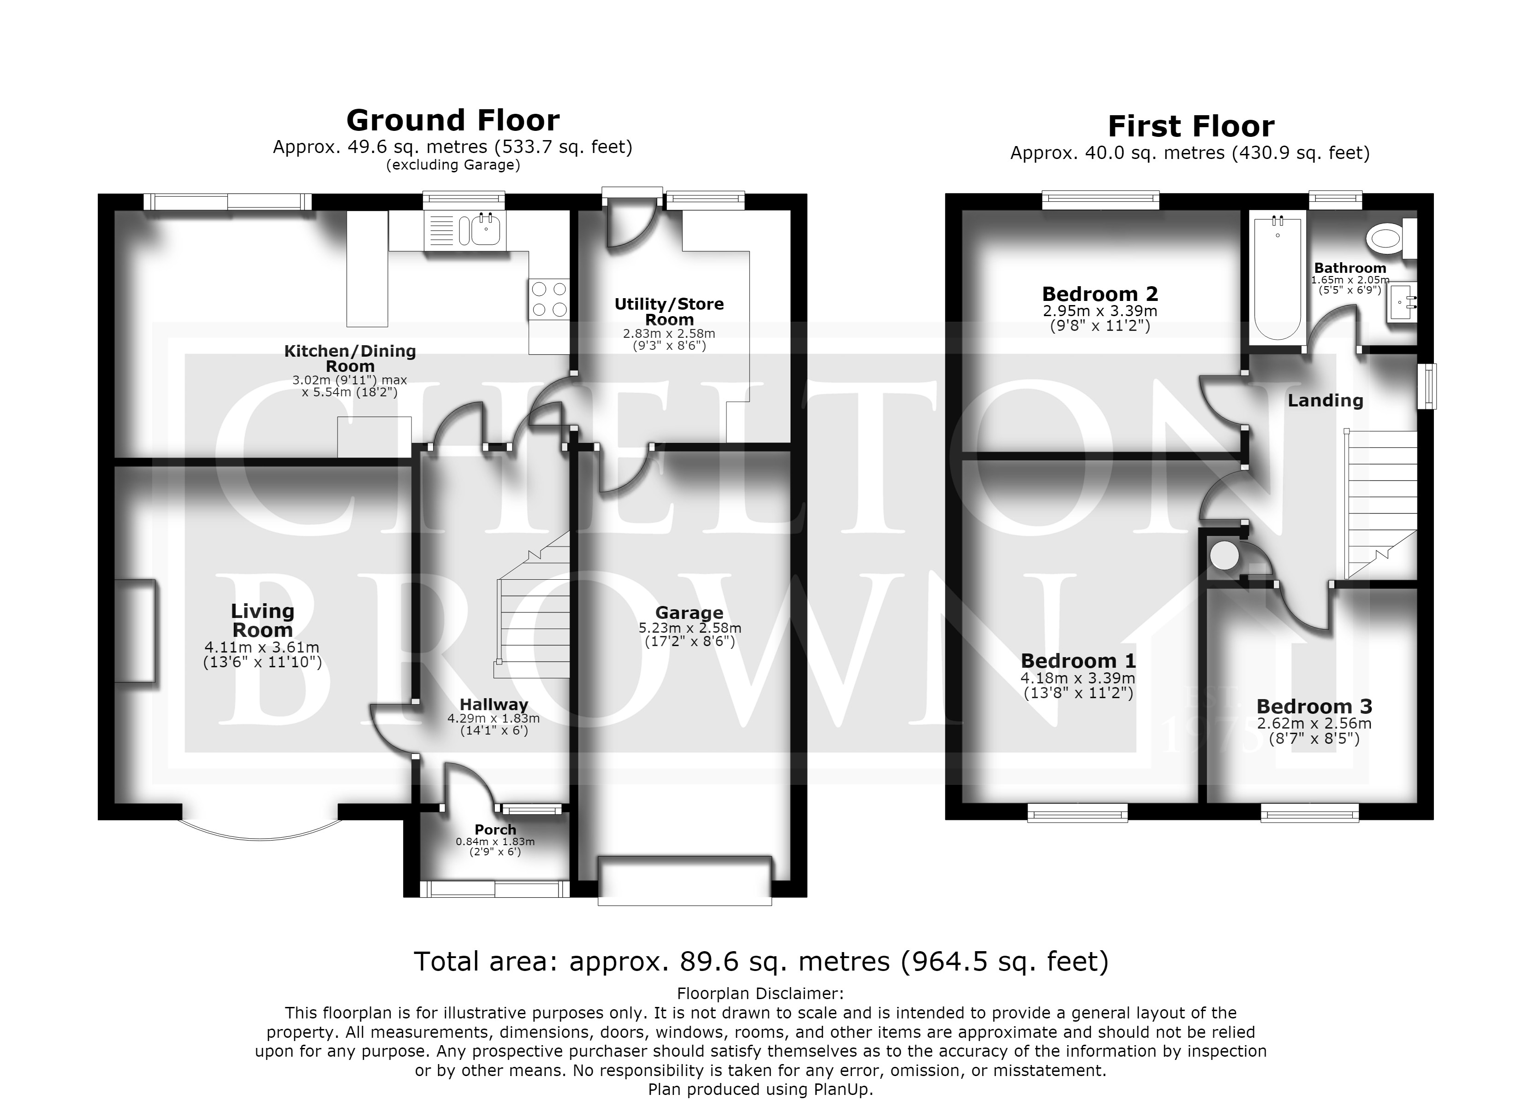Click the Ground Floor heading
coord(453,121)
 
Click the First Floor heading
coord(1190,126)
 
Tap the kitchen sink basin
coord(488,230)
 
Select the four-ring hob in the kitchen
coord(549,299)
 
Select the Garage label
coord(689,612)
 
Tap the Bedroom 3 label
coord(1314,706)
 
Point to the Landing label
coord(1326,400)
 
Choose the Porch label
coord(495,829)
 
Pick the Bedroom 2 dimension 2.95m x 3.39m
coord(1100,311)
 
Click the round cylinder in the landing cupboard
coord(1225,556)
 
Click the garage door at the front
coord(684,881)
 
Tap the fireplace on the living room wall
coord(136,632)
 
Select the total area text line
coord(761,962)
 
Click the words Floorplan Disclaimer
coord(761,993)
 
